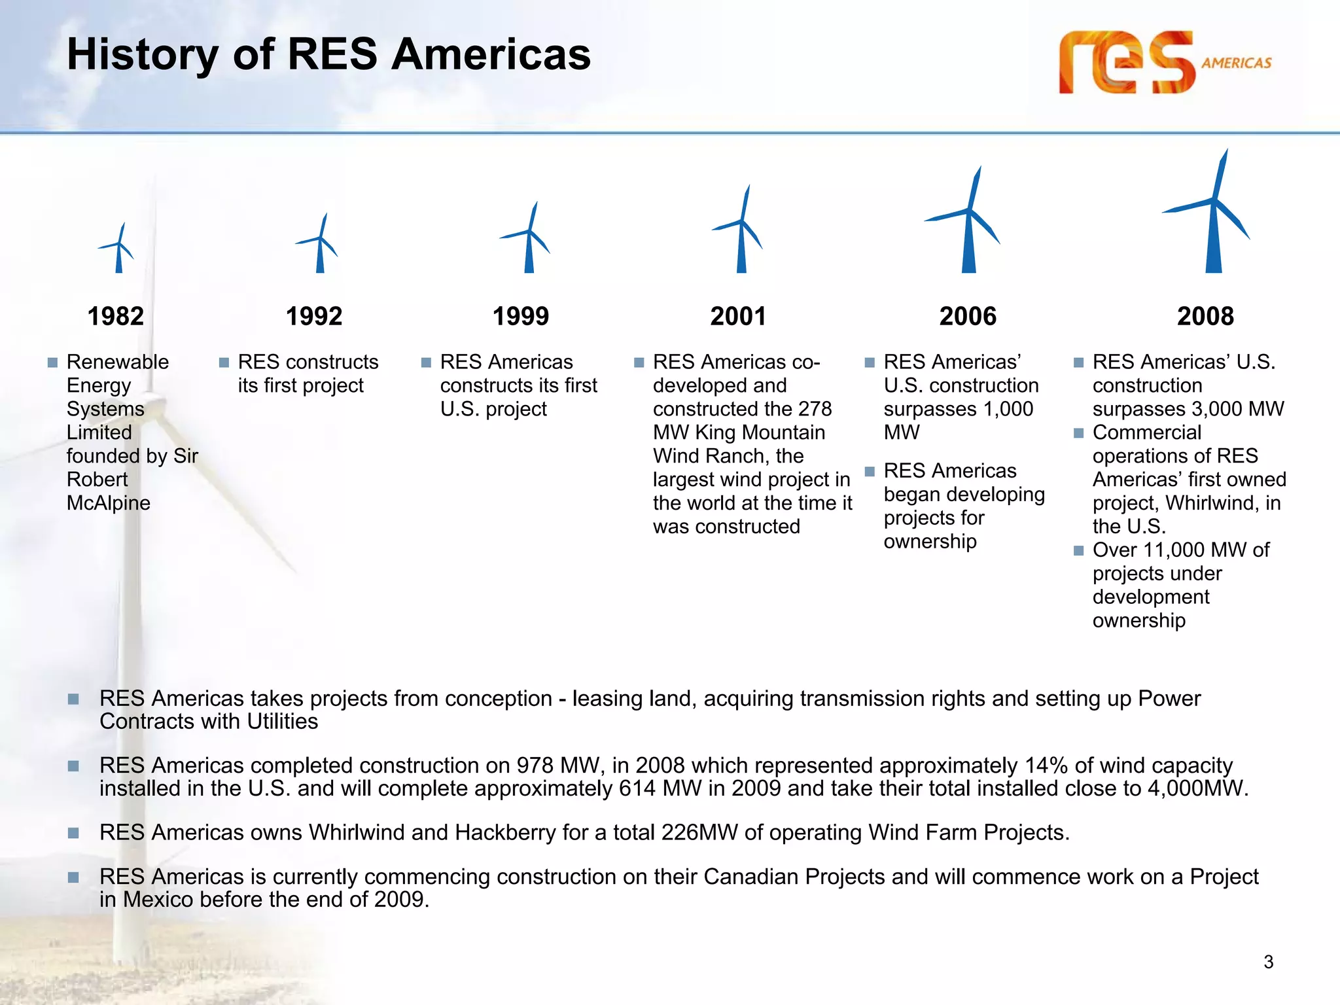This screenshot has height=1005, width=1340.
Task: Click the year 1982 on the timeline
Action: (116, 317)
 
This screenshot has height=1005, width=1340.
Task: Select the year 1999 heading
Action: (520, 317)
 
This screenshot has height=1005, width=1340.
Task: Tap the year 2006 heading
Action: (968, 317)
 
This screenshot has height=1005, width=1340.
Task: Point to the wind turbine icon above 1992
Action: (319, 245)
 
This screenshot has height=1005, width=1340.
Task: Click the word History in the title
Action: (142, 54)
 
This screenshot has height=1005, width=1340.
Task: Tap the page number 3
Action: (1268, 962)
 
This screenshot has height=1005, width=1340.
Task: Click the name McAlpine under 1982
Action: (109, 503)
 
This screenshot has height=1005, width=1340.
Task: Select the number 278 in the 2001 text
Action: (815, 409)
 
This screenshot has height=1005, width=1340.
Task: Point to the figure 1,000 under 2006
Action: (1008, 409)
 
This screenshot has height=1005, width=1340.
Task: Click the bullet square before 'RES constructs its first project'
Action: (224, 362)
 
